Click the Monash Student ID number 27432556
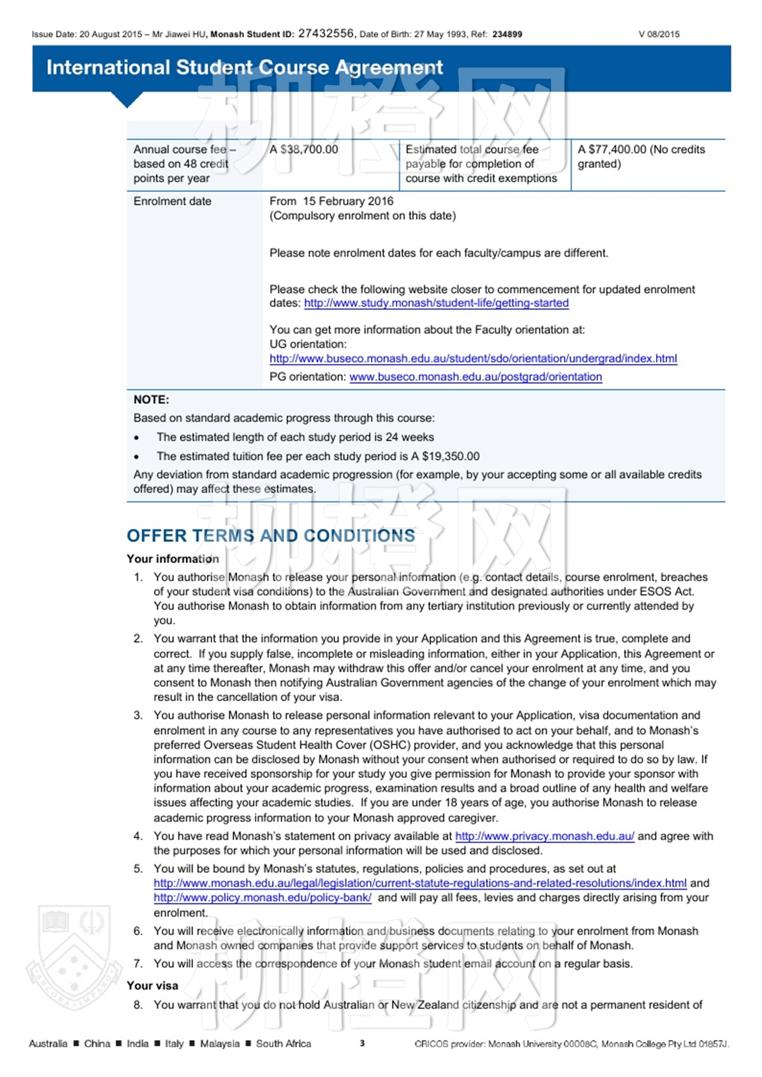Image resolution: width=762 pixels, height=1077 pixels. pyautogui.click(x=325, y=34)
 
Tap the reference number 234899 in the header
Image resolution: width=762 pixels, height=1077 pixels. pyautogui.click(x=507, y=34)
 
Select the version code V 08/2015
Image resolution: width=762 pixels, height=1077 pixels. pyautogui.click(x=659, y=34)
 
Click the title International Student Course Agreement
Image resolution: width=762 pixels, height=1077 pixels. pyautogui.click(x=244, y=67)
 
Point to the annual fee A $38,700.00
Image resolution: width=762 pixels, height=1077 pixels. pyautogui.click(x=304, y=150)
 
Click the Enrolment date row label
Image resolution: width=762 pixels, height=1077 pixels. pyautogui.click(x=172, y=201)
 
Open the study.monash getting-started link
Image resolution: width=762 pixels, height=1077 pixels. pyautogui.click(x=436, y=303)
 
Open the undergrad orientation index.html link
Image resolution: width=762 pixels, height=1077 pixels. pyautogui.click(x=473, y=358)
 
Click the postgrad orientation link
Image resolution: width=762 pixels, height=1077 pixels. pyautogui.click(x=475, y=376)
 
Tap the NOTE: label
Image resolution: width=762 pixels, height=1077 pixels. pyautogui.click(x=151, y=400)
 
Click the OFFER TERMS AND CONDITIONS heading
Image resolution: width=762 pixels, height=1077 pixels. pyautogui.click(x=271, y=536)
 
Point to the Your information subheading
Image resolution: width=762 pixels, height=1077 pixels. pyautogui.click(x=173, y=559)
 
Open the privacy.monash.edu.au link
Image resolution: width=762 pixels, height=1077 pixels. pyautogui.click(x=544, y=836)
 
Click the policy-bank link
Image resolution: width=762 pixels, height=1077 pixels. pyautogui.click(x=262, y=897)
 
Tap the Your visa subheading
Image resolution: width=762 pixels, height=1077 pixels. pyautogui.click(x=152, y=986)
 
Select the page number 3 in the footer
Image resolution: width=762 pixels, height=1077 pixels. pyautogui.click(x=362, y=1043)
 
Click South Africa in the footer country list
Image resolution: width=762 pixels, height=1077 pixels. pyautogui.click(x=283, y=1043)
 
